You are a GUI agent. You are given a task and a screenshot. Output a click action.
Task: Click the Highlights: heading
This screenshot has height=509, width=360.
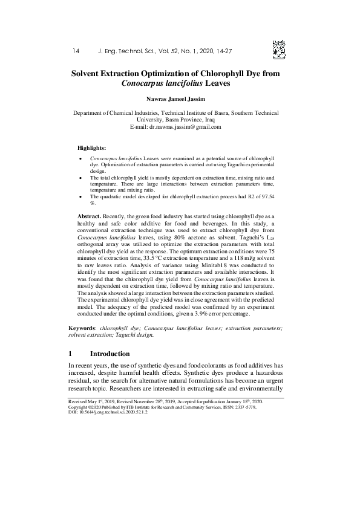click(x=92, y=148)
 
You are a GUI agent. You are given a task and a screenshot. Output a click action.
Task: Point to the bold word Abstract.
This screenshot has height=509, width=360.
click(x=90, y=216)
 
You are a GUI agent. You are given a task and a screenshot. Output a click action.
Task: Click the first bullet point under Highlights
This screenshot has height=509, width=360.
click(x=81, y=158)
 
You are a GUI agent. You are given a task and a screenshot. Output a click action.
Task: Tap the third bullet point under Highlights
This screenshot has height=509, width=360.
click(x=81, y=197)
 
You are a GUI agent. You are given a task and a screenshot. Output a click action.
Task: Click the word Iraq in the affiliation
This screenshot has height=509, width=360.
click(x=211, y=120)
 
